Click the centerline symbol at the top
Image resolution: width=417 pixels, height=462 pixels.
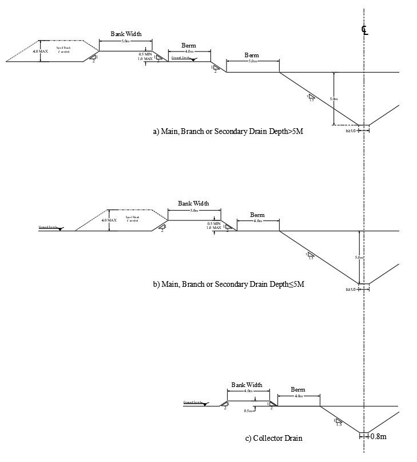(364, 30)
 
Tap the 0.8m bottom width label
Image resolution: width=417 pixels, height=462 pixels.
(378, 436)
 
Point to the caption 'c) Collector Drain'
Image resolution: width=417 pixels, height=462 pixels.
(273, 439)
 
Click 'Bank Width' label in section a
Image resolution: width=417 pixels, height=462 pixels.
(126, 34)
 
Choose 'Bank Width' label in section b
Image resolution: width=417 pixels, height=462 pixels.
(193, 203)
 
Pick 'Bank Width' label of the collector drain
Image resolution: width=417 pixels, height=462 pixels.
(247, 385)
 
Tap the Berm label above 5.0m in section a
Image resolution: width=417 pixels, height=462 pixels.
(252, 55)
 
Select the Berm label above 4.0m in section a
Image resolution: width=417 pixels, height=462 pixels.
(189, 45)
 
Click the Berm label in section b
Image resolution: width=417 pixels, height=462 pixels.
(257, 215)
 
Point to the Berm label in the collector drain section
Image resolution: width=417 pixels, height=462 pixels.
(298, 389)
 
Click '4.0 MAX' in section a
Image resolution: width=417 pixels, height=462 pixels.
(41, 52)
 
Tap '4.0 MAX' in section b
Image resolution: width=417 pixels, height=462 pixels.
(109, 220)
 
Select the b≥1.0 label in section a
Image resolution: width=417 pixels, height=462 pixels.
(351, 131)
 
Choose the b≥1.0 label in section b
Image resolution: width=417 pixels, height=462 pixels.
(351, 289)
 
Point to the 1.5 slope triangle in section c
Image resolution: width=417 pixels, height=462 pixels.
(338, 422)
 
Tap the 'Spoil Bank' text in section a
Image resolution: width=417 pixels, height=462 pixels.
(63, 48)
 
